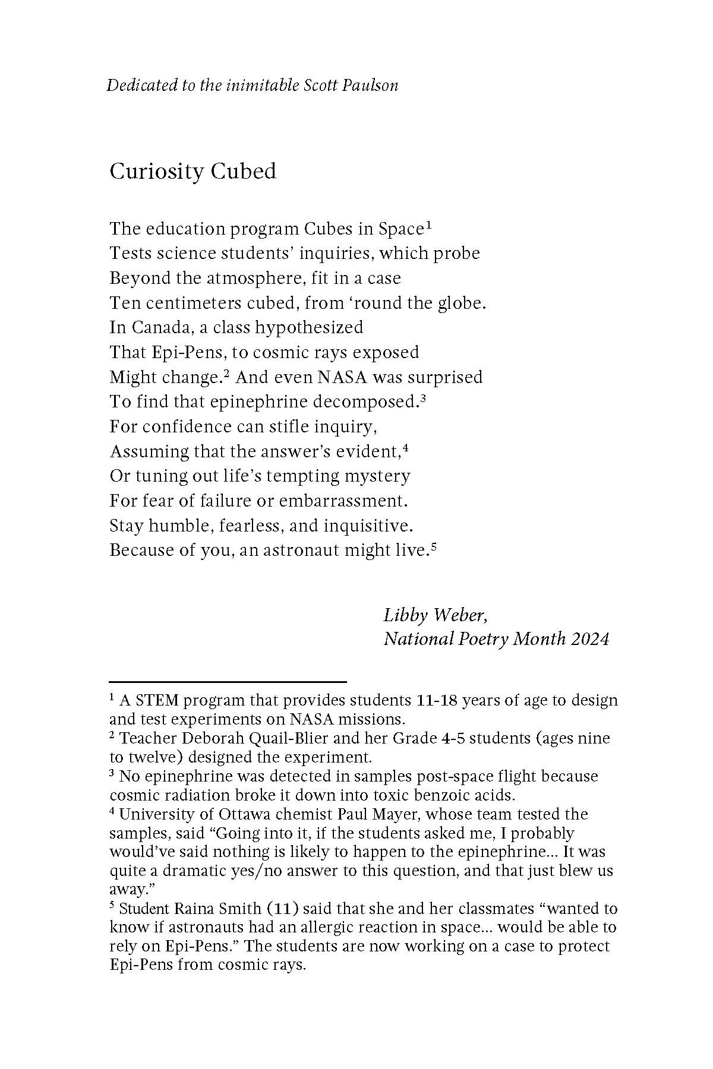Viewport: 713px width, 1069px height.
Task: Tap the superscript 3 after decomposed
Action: click(423, 398)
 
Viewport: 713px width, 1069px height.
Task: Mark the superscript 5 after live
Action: click(434, 546)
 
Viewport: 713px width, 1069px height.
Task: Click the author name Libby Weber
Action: click(436, 615)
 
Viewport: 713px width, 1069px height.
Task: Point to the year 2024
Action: click(590, 640)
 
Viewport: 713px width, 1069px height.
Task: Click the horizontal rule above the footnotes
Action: click(228, 682)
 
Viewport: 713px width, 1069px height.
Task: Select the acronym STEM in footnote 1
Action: click(157, 701)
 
